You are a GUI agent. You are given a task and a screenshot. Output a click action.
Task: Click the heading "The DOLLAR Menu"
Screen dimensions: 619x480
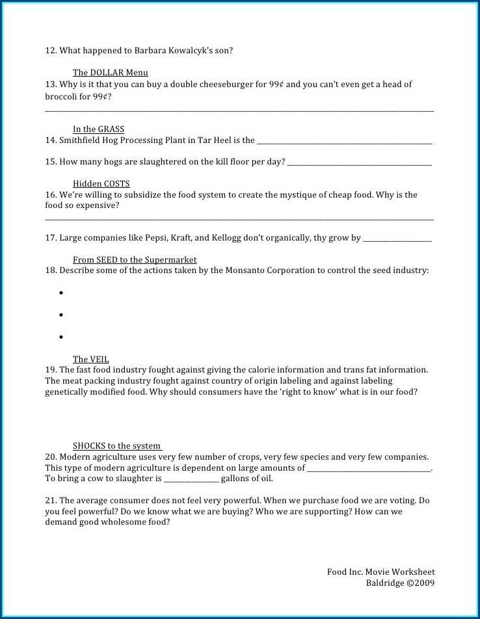coord(110,73)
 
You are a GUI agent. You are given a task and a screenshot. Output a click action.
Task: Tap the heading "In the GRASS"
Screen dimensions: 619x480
coord(98,129)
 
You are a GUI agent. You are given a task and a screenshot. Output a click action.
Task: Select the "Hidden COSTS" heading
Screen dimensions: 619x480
coord(101,184)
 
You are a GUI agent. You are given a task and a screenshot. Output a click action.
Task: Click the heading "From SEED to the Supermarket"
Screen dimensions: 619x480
coord(135,260)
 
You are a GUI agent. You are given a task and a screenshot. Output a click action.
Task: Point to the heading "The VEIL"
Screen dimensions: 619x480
coord(90,360)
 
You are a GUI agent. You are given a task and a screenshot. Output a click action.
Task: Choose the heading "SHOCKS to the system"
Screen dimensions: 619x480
coord(116,446)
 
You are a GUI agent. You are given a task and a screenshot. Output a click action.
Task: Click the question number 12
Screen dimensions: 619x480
coord(51,51)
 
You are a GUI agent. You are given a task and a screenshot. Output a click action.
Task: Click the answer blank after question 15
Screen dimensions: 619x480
coord(359,163)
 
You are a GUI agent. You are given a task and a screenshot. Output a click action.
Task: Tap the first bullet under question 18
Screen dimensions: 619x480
coord(60,293)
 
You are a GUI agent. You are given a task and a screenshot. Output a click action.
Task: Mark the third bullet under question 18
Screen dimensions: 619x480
coord(60,337)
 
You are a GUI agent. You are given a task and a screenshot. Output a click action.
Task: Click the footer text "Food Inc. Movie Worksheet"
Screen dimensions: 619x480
coord(380,572)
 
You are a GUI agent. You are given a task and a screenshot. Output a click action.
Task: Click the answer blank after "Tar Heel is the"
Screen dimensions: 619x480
coord(345,141)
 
